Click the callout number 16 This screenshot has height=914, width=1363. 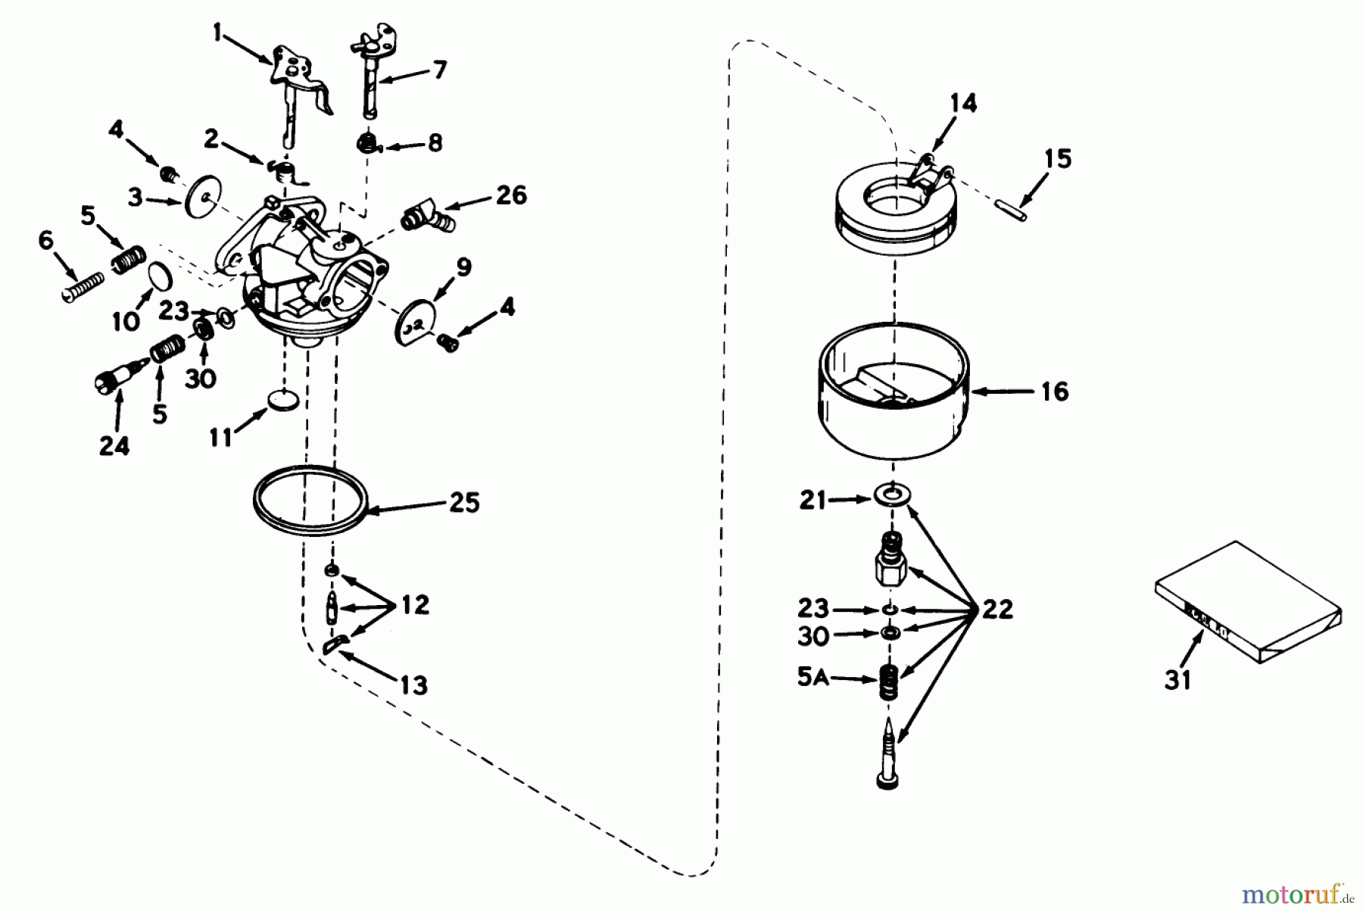(1054, 391)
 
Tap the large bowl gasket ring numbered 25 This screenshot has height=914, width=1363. (310, 500)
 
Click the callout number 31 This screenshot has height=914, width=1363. (1177, 679)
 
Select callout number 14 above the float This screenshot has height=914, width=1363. (963, 103)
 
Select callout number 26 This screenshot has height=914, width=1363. (511, 195)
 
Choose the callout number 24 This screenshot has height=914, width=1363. (114, 446)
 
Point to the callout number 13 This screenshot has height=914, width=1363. (413, 685)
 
